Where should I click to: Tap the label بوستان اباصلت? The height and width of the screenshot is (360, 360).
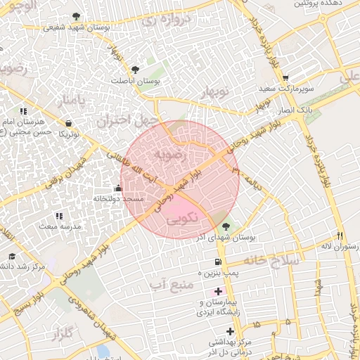136,81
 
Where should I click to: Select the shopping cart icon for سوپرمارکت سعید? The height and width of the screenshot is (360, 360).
285,78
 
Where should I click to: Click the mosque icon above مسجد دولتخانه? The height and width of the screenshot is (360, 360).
117,188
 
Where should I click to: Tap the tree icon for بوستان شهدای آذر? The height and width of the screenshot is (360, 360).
226,226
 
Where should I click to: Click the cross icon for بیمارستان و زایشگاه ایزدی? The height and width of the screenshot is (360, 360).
218,291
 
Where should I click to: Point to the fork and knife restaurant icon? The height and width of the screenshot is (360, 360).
341,236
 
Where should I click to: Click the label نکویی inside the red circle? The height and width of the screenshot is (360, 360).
184,219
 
